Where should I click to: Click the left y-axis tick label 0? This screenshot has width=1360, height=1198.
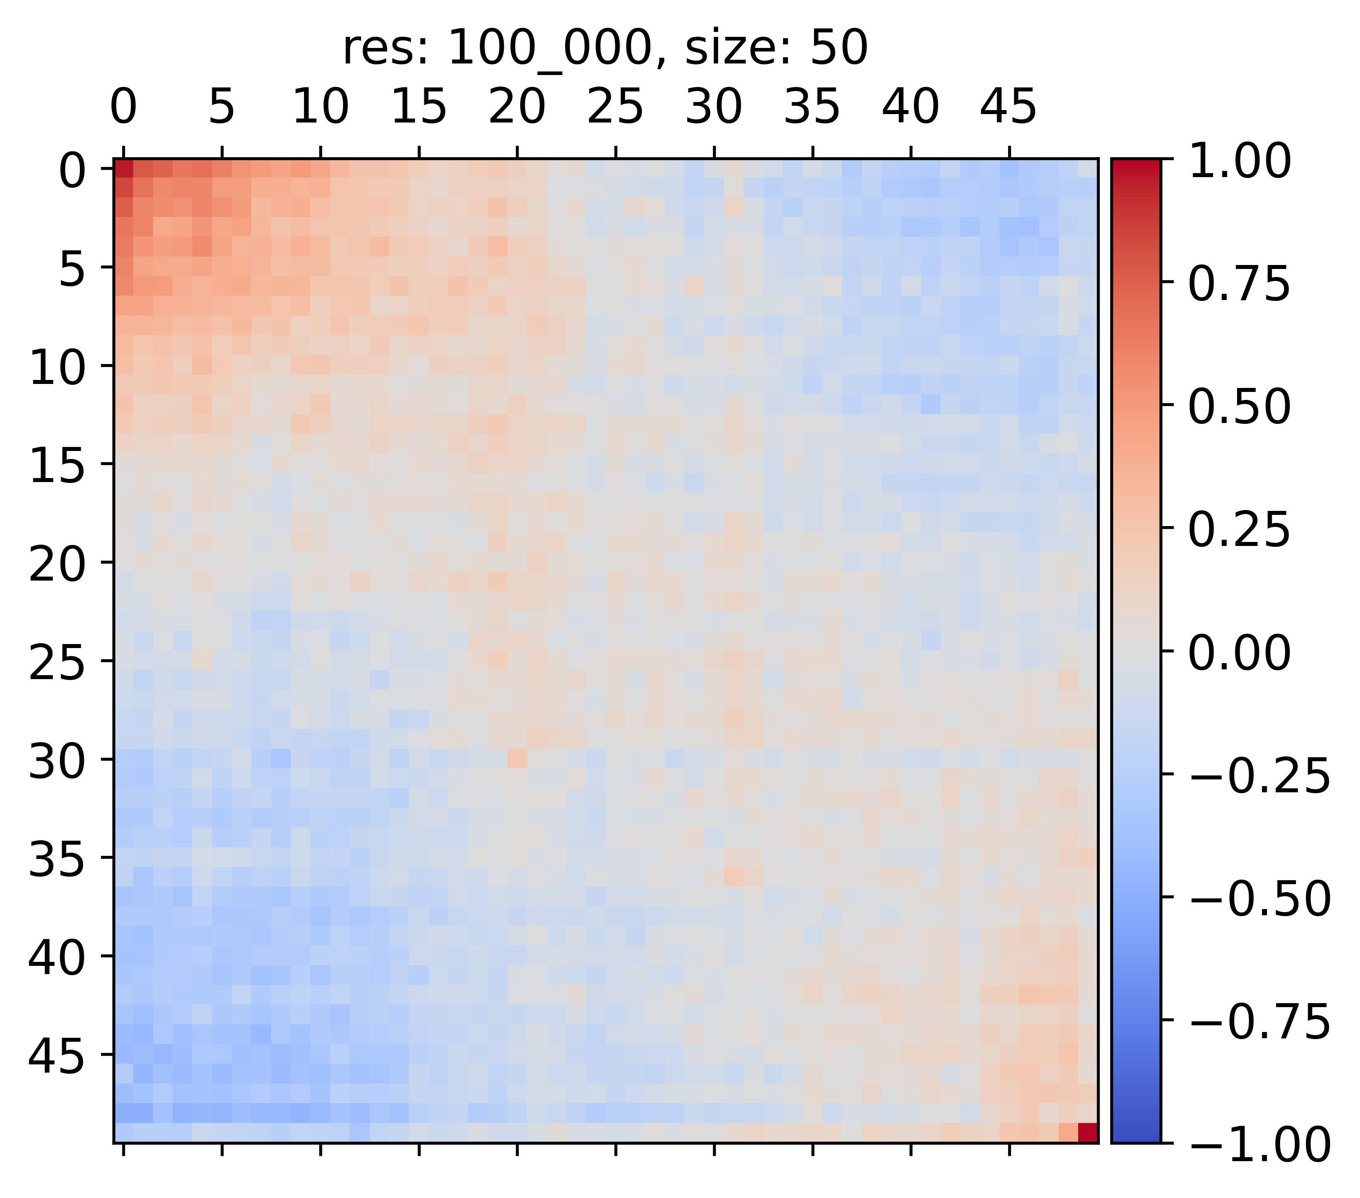tap(72, 171)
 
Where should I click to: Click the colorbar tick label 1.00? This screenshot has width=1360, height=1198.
tap(1239, 162)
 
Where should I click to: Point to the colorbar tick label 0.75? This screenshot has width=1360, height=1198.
tap(1239, 284)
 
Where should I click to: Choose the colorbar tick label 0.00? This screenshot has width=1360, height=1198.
tap(1239, 653)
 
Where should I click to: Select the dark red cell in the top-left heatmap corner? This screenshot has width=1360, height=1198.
tap(124, 169)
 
